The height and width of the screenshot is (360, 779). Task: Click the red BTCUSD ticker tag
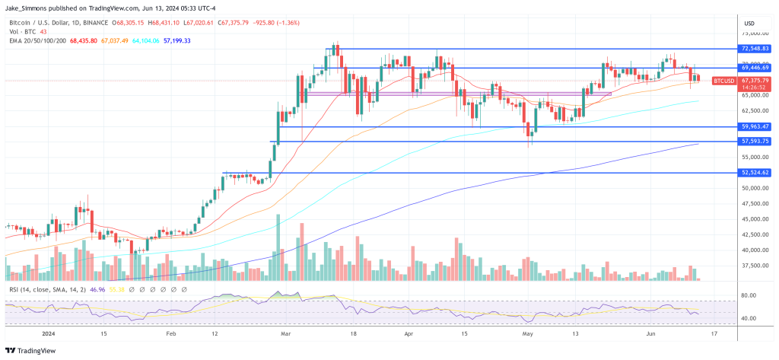723,81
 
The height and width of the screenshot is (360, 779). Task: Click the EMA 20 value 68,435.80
84,40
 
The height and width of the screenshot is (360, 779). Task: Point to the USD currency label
749,21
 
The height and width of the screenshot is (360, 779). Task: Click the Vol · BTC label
23,31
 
